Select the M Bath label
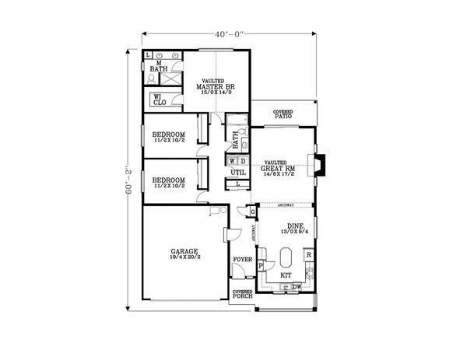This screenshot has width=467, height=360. click(158, 67)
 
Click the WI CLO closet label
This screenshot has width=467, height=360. click(159, 100)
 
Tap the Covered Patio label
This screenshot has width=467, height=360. click(283, 115)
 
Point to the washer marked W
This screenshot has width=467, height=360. click(232, 161)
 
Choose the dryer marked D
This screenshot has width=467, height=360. click(241, 161)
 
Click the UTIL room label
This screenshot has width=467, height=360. click(237, 173)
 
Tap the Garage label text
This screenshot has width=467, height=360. click(184, 254)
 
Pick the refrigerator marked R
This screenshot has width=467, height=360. click(309, 254)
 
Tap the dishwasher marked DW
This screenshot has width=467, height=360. click(297, 288)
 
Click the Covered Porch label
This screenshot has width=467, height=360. click(242, 295)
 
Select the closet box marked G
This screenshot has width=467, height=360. click(251, 211)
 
